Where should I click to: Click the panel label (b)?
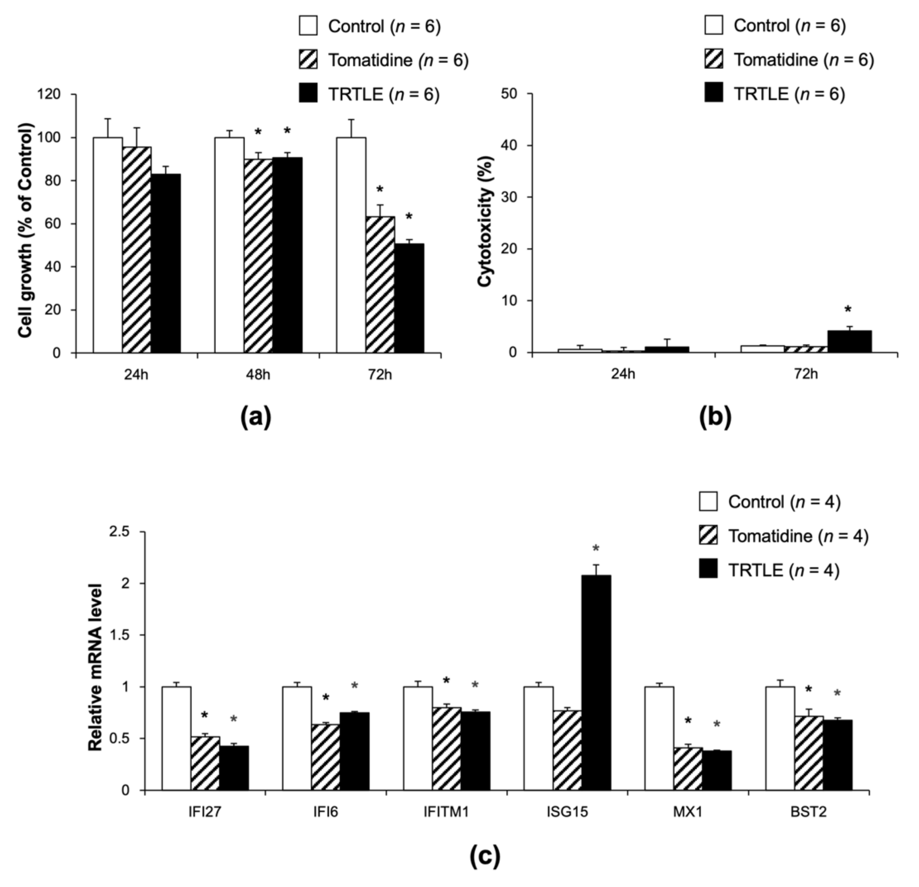coord(715,417)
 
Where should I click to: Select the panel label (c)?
coord(485,856)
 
